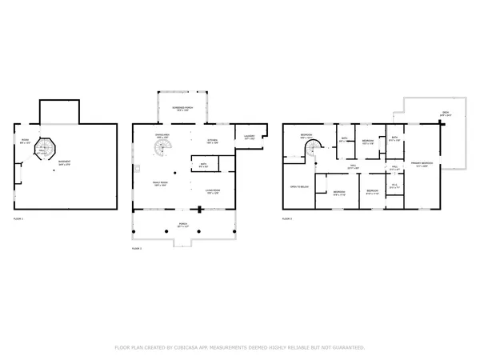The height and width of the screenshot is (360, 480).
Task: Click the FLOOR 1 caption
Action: pos(18,218)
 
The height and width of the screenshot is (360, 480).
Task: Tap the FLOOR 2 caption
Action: pos(136,249)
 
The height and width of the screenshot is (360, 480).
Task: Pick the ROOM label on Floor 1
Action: pos(24,142)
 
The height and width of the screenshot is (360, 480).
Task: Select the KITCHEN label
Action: pos(213,141)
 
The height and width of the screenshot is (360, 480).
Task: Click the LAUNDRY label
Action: pos(249,138)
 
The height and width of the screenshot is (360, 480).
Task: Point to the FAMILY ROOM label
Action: pos(164,183)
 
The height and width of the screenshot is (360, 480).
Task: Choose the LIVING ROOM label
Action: pos(213,190)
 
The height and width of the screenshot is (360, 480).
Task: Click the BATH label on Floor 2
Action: pos(203,166)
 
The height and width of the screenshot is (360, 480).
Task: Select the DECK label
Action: pos(446,114)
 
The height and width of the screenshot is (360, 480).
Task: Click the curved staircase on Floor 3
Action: pos(317,147)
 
